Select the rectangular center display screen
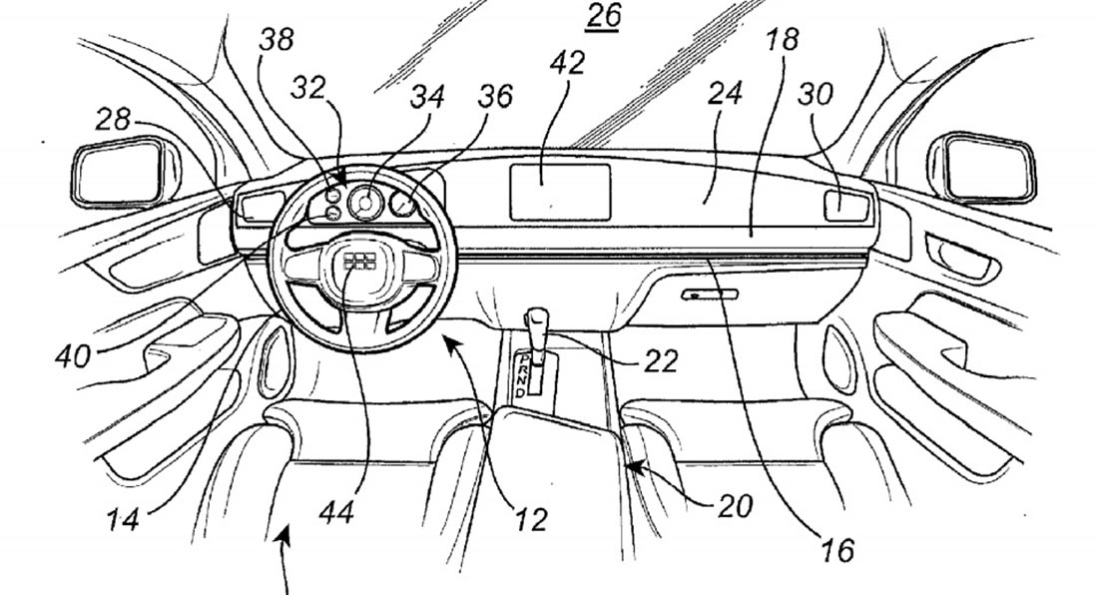(560, 193)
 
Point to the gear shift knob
(538, 325)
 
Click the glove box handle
(710, 295)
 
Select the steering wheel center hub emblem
(357, 262)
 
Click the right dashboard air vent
(846, 206)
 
